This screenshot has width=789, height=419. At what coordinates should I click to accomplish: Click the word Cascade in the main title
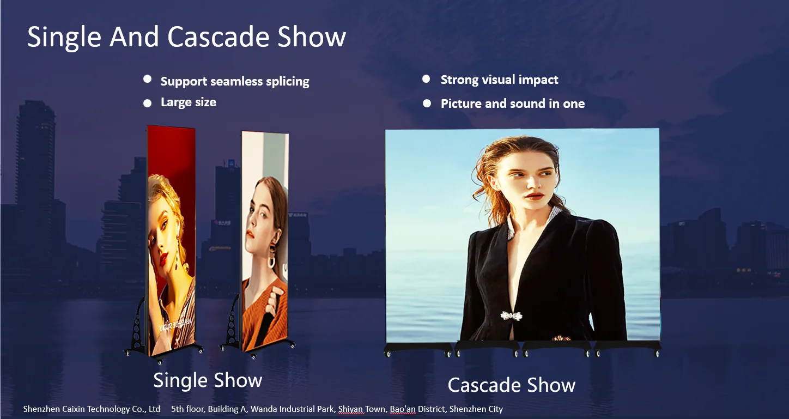(219, 37)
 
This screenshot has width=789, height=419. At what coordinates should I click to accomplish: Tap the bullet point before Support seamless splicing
(148, 79)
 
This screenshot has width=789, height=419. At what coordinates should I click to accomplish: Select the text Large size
(189, 102)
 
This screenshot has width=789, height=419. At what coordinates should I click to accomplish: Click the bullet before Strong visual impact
(426, 79)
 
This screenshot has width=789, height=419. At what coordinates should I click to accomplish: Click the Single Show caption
(208, 381)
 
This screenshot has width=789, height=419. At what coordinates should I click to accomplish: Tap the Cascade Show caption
(512, 385)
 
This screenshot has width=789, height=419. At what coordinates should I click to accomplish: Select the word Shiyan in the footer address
(350, 409)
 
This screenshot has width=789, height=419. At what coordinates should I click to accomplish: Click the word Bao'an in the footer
(403, 409)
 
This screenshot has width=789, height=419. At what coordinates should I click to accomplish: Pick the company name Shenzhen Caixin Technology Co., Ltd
(92, 409)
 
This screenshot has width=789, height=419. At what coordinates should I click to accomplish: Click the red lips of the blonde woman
(163, 259)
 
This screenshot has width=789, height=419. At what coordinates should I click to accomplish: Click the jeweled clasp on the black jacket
(512, 316)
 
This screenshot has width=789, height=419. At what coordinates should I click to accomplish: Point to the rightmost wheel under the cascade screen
(657, 354)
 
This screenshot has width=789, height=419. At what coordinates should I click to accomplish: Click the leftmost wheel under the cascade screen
(388, 354)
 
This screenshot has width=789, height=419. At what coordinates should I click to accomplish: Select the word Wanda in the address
(262, 409)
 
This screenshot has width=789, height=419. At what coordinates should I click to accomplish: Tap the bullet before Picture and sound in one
(427, 104)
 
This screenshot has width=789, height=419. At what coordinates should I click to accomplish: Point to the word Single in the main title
(64, 38)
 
